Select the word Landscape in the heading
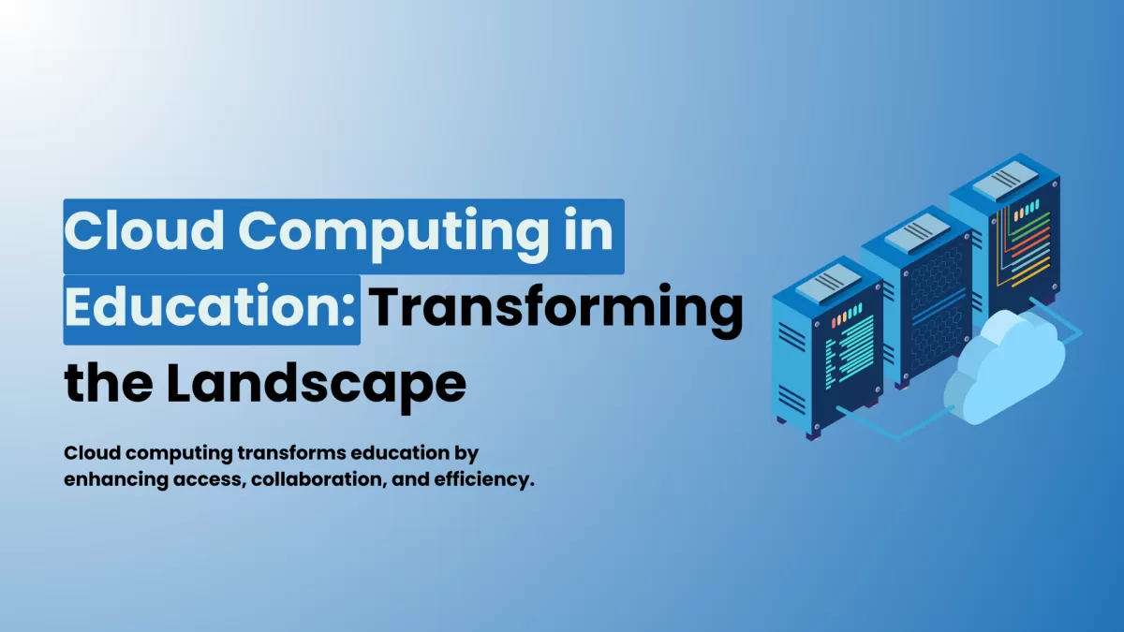pos(317,384)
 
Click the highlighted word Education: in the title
pos(210,307)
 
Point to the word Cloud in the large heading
pos(144,229)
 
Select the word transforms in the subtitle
pos(291,453)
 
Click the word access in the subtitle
pos(210,481)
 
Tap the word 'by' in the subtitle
pos(466,454)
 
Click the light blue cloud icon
pos(1003,369)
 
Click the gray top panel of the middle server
pos(917,232)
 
